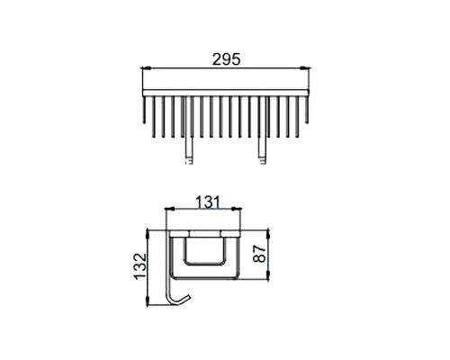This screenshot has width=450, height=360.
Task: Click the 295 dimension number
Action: [226, 59]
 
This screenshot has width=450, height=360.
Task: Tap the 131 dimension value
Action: [208, 202]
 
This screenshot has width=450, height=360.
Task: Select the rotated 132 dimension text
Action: [140, 266]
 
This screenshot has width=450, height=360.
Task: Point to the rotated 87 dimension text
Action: [259, 254]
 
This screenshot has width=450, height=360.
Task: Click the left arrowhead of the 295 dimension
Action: [146, 68]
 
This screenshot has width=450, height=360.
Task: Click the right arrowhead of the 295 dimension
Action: [306, 68]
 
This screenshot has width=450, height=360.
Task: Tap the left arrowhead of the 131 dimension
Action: [170, 208]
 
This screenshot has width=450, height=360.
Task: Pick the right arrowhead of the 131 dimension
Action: [237, 208]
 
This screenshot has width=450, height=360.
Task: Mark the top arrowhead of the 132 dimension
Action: [148, 234]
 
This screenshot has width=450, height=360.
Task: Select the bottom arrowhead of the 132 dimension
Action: [148, 301]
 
